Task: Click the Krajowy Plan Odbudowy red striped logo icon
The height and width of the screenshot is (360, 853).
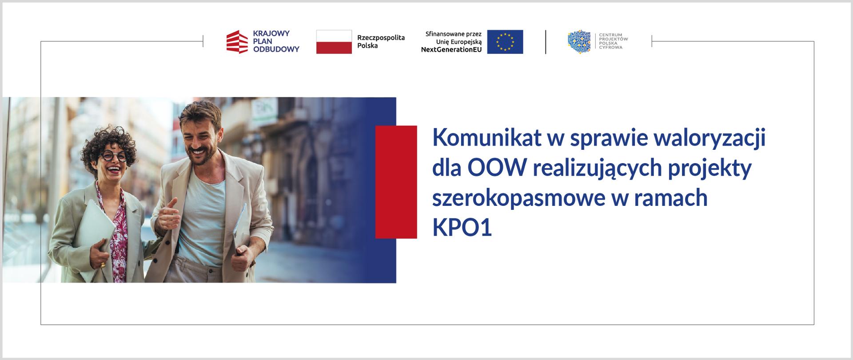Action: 237,42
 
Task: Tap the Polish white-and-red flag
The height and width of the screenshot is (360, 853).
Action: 334,42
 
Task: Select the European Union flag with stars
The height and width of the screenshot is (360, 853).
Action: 505,42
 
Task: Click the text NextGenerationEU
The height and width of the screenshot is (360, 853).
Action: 451,50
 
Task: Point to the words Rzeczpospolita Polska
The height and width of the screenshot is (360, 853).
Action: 381,42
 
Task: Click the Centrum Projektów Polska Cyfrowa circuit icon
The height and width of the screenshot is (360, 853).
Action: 579,42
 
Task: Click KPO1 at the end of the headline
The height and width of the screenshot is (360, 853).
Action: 462,228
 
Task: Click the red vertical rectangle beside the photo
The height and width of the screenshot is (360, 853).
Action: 396,182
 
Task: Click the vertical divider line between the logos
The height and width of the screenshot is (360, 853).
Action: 546,42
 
